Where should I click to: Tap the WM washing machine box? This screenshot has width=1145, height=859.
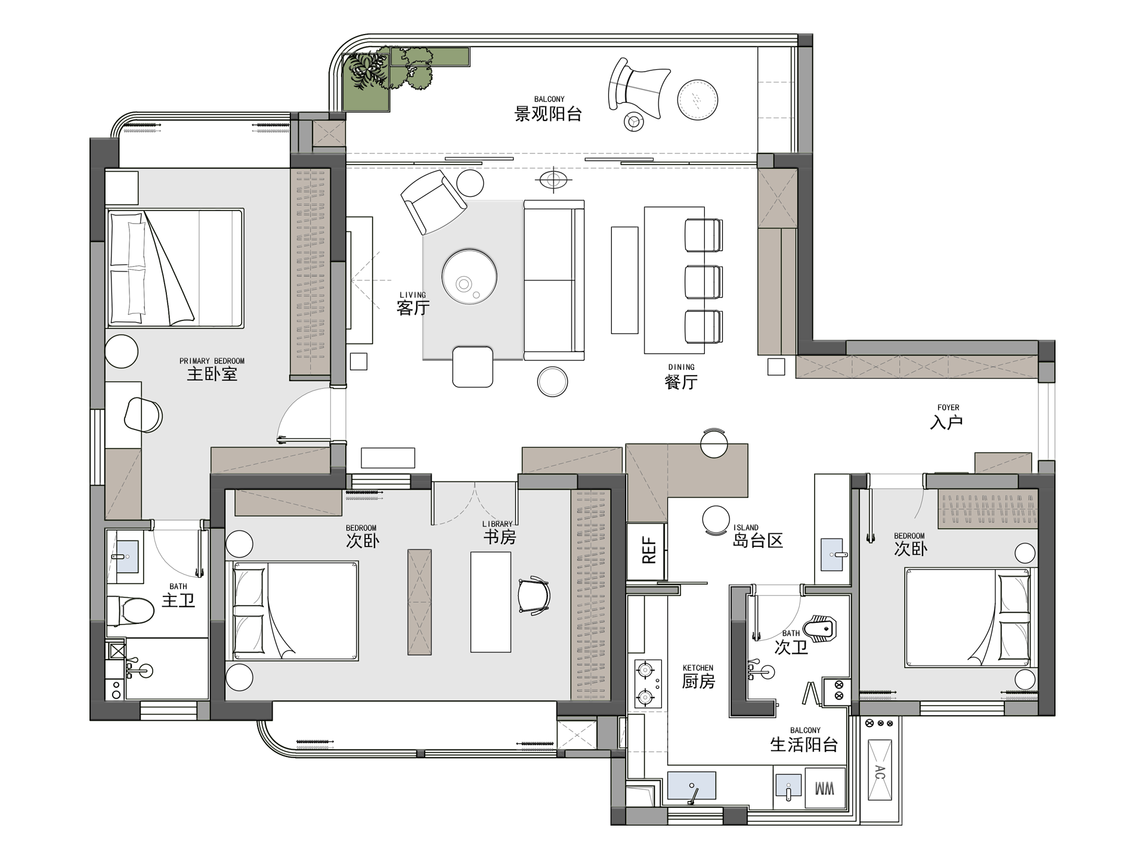pyautogui.click(x=825, y=789)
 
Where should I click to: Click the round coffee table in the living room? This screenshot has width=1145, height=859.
pyautogui.click(x=469, y=276)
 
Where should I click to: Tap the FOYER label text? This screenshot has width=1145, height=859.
pyautogui.click(x=948, y=408)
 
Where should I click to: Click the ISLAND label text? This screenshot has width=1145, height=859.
pyautogui.click(x=745, y=527)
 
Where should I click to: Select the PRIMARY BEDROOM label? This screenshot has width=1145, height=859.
pyautogui.click(x=212, y=361)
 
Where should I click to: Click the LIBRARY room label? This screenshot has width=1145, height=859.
pyautogui.click(x=497, y=524)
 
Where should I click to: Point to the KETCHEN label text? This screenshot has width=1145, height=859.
pyautogui.click(x=698, y=668)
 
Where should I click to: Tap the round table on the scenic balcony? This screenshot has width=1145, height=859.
pyautogui.click(x=698, y=100)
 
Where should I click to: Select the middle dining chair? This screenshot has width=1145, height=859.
pyautogui.click(x=704, y=282)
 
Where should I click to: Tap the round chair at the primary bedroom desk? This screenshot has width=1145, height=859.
pyautogui.click(x=143, y=415)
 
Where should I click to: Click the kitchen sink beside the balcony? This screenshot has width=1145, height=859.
pyautogui.click(x=692, y=785)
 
